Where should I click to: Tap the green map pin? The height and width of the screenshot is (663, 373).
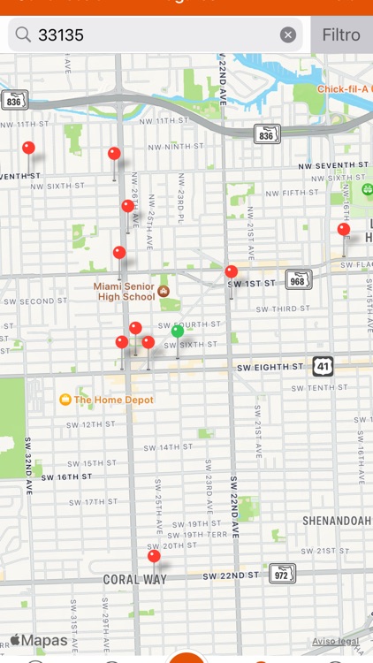pos(178,331)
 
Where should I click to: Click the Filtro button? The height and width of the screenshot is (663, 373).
pos(341,35)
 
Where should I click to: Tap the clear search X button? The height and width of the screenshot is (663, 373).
pos(288,35)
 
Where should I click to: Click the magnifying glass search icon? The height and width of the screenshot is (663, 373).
pos(23,35)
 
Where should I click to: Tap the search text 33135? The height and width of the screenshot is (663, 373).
pos(61,35)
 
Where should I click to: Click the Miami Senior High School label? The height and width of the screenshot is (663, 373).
pos(125,292)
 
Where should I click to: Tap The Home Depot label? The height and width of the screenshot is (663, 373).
pos(113,400)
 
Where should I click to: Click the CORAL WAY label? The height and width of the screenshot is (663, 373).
pos(134,580)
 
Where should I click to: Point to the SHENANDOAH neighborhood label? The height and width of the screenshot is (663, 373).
pos(337,521)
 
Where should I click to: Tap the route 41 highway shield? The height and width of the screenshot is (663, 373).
pos(323,366)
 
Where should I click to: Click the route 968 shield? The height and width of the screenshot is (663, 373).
pos(299,280)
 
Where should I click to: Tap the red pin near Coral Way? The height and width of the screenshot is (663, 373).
pos(154,557)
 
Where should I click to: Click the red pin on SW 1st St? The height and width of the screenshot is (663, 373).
pos(232,272)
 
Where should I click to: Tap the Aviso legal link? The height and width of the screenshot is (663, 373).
pos(336,641)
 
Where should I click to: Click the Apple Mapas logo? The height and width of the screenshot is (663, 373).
pos(39,640)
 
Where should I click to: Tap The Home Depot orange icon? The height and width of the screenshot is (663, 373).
pos(65,400)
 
